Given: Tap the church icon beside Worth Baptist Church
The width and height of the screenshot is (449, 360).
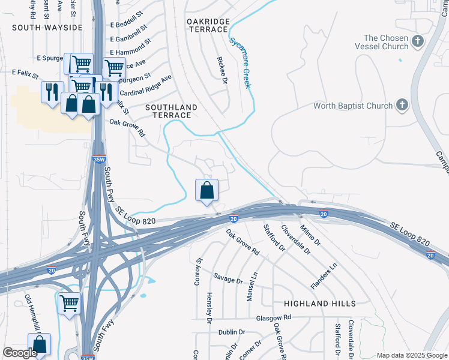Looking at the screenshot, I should point(402,106).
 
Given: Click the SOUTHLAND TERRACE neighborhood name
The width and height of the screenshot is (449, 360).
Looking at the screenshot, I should point(171,111).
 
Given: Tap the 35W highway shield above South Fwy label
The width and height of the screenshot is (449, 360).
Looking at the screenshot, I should point(99,160).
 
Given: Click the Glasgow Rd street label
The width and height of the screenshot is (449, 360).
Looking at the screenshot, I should point(273,317).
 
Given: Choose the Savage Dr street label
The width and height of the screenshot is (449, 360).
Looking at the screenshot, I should point(228,280).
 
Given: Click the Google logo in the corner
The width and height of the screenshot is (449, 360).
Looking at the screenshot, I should point(20,353).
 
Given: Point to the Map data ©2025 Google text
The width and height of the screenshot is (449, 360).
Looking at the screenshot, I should point(411,355).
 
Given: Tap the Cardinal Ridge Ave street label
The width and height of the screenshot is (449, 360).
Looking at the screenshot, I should point(146,86).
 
